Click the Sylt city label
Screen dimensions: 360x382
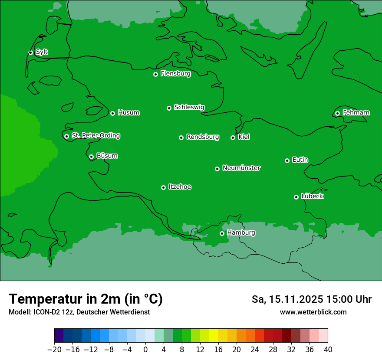(42, 52)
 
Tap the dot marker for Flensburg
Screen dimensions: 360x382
(155, 74)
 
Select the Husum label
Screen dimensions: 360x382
(128, 113)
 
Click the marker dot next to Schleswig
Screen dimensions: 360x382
(169, 108)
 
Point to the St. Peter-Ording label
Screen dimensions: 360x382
(95, 136)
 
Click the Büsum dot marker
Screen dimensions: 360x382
(91, 157)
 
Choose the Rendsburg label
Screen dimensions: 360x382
(203, 137)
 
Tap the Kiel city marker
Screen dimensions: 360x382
(233, 137)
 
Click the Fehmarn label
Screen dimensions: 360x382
(356, 113)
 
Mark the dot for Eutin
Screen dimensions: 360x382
(287, 160)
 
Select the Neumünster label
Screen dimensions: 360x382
(241, 168)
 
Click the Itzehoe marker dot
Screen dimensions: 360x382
(163, 187)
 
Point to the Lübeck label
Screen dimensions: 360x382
(312, 196)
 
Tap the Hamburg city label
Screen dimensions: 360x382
(241, 233)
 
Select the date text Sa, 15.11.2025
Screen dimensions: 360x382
(287, 299)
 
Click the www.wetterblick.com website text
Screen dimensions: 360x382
(313, 312)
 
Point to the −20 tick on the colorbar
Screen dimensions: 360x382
(55, 350)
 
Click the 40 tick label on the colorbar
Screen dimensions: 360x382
(328, 350)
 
